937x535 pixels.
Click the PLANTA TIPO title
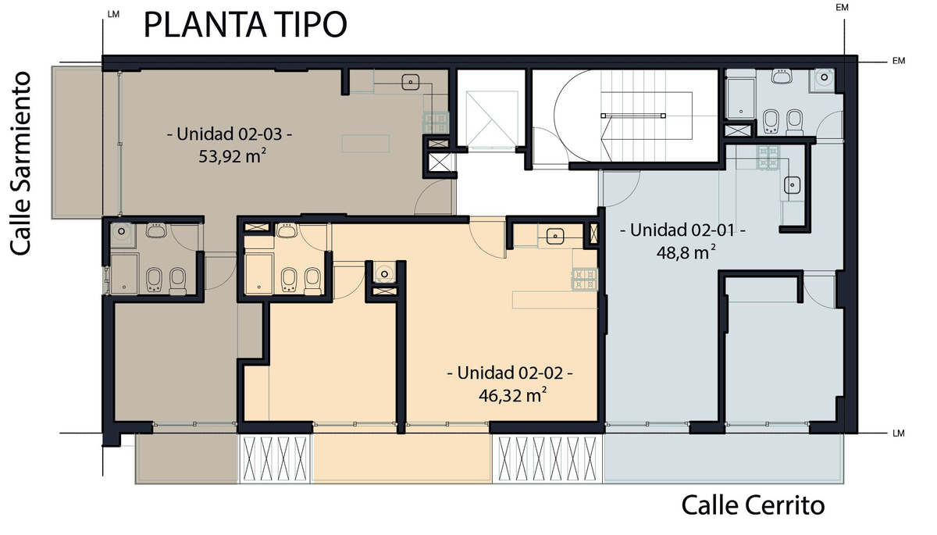pyautogui.click(x=245, y=25)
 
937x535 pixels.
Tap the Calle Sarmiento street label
pyautogui.click(x=20, y=163)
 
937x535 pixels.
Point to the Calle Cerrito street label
pyautogui.click(x=753, y=505)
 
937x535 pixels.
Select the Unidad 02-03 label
pyautogui.click(x=230, y=134)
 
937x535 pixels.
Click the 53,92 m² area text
pyautogui.click(x=233, y=156)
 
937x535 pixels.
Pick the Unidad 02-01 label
pyautogui.click(x=682, y=230)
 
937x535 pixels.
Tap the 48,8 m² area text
pyautogui.click(x=686, y=252)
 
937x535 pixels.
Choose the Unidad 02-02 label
pyautogui.click(x=510, y=373)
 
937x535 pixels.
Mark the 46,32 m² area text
pyautogui.click(x=513, y=395)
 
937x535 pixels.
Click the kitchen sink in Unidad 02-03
pyautogui.click(x=411, y=82)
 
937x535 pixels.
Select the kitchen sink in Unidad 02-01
pyautogui.click(x=793, y=184)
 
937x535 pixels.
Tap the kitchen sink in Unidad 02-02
pyautogui.click(x=554, y=237)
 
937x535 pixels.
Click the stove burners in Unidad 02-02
pyautogui.click(x=585, y=280)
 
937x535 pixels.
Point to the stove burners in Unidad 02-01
pyautogui.click(x=768, y=158)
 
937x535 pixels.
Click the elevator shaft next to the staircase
pyautogui.click(x=491, y=119)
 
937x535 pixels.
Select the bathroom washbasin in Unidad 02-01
pyautogui.click(x=781, y=76)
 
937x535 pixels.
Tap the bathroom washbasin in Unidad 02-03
pyautogui.click(x=156, y=230)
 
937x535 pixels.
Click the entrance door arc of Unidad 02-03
pyautogui.click(x=433, y=197)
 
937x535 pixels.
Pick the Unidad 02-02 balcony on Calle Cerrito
pyautogui.click(x=401, y=458)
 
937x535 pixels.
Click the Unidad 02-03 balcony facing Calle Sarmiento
pyautogui.click(x=77, y=142)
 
